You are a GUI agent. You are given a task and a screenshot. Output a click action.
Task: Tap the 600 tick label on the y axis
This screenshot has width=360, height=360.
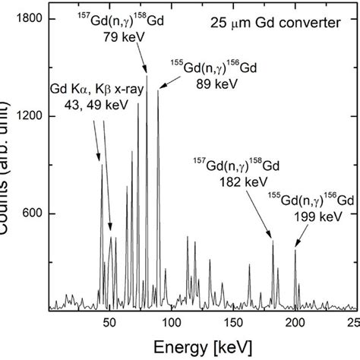30,214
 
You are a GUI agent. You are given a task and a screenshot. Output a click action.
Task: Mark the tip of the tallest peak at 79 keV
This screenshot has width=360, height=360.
147,75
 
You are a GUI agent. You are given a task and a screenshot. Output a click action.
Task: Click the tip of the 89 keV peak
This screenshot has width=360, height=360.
158,90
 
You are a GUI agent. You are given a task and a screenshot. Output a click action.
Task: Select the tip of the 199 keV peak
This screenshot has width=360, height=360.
295,248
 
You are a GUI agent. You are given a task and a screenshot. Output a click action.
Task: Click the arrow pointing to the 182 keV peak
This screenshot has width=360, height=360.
263,216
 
